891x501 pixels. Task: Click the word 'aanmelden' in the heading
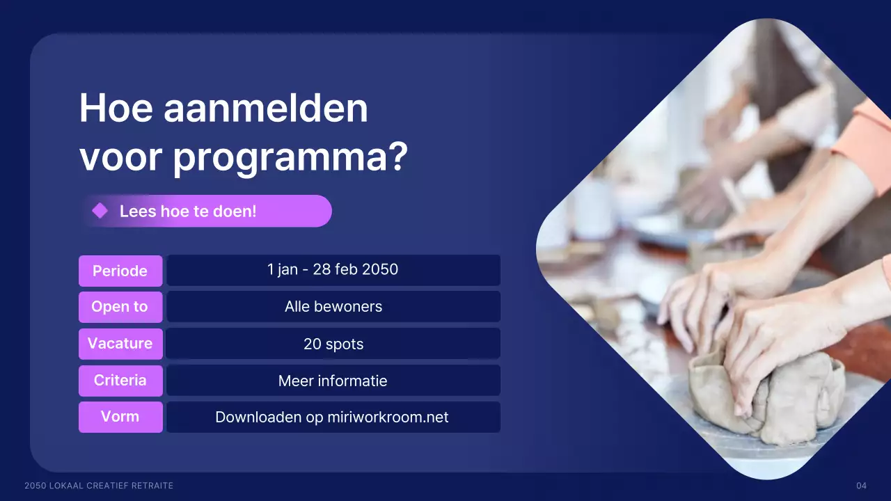point(265,109)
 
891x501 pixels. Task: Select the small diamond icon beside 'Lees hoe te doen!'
point(100,211)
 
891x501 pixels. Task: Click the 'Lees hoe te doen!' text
point(188,211)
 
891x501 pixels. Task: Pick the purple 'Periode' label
point(120,271)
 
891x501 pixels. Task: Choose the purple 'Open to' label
point(120,307)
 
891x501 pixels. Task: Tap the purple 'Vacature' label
point(120,344)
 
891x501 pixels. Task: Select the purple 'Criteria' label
point(120,381)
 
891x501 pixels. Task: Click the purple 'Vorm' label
point(120,417)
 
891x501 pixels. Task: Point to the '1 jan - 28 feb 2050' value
point(333,270)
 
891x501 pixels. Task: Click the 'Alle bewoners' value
point(333,307)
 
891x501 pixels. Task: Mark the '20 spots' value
point(333,344)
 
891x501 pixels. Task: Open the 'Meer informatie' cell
point(333,381)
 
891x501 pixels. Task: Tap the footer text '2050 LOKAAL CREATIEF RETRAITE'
point(99,486)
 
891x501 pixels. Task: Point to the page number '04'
point(861,486)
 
